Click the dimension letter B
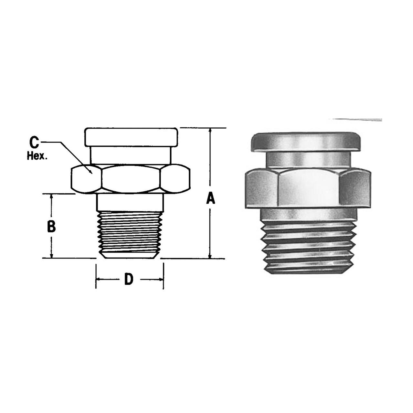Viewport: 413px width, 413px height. coord(51,227)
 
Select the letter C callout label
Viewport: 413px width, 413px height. coord(34,143)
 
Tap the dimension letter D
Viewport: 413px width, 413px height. coord(129,279)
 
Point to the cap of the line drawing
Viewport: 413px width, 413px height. coord(131,137)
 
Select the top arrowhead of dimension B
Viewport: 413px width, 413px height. coord(51,196)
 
